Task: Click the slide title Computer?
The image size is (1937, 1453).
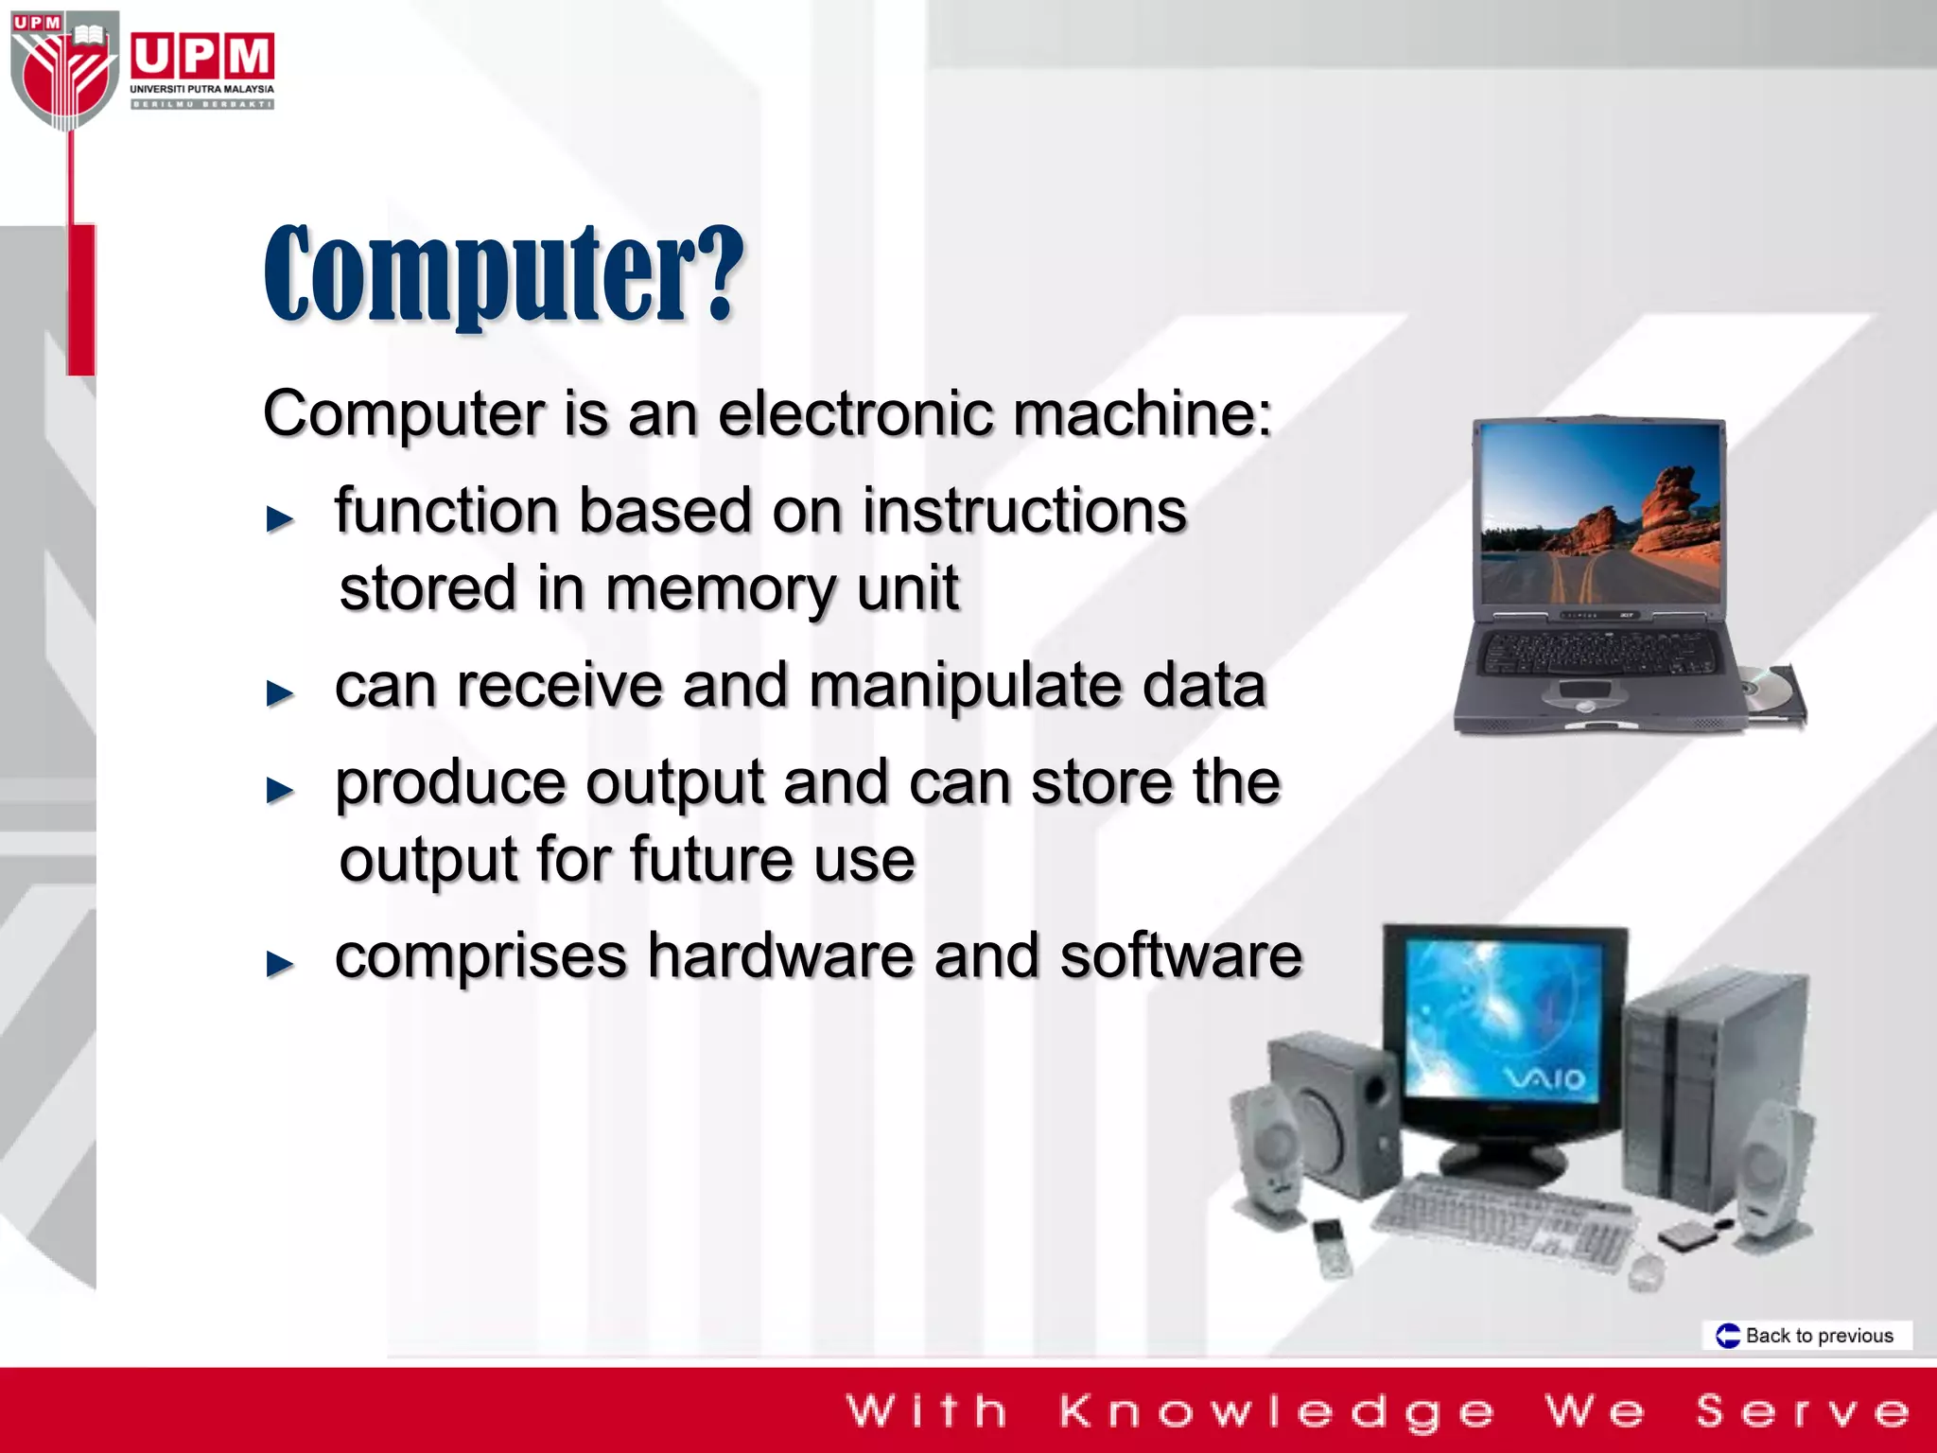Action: pos(504,274)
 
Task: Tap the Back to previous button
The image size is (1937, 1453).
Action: pos(1807,1336)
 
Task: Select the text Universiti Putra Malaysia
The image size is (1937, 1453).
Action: pos(201,89)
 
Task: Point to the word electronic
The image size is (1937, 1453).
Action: pos(855,414)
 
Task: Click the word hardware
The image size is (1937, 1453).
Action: pos(780,955)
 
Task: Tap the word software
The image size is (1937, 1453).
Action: pos(1180,955)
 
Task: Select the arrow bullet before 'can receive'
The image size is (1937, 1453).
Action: pos(280,692)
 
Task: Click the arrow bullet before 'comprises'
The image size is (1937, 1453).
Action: pos(280,963)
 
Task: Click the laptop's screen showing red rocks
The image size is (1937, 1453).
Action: pos(1600,513)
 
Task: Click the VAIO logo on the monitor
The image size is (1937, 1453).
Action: pos(1544,1078)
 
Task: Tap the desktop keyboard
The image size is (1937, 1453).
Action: pos(1504,1220)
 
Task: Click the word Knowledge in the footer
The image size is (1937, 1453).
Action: pos(1277,1411)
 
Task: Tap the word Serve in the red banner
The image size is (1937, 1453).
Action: pos(1803,1411)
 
